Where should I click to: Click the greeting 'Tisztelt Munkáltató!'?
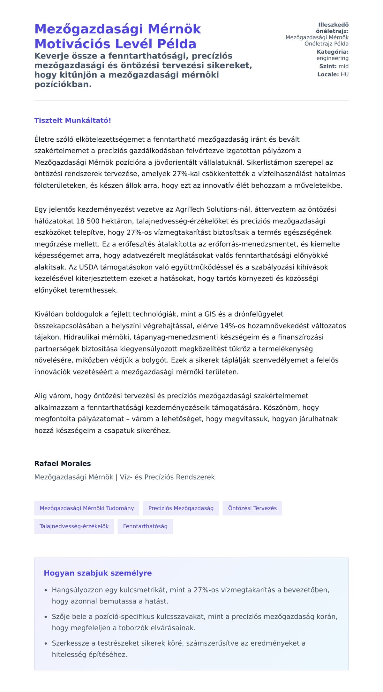point(72,121)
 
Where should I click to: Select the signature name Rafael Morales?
point(63,463)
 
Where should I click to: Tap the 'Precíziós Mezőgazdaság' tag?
point(181,508)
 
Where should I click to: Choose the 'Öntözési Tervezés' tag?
point(252,508)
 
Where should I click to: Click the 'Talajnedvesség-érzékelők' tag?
point(74,526)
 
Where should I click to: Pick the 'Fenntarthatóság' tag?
point(145,526)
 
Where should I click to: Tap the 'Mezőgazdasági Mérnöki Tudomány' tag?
point(86,508)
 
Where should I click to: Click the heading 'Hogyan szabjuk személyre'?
point(98,573)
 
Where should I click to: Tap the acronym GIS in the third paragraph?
point(210,314)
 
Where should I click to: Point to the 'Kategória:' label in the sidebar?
point(333,52)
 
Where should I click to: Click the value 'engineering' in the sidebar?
point(332,58)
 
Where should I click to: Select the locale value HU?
point(344,75)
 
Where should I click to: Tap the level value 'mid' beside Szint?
point(343,67)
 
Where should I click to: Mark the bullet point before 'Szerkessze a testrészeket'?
point(46,643)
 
